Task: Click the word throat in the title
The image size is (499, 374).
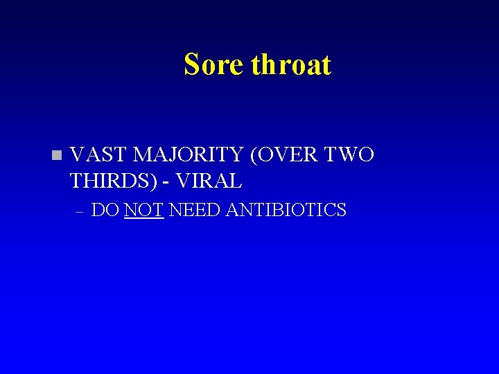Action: tap(291, 64)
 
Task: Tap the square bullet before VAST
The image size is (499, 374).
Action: tap(56, 154)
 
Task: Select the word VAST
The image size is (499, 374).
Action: tap(96, 154)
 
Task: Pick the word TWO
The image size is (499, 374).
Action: tap(351, 154)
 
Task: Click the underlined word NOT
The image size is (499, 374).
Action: tap(144, 210)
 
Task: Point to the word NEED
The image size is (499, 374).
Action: tap(194, 210)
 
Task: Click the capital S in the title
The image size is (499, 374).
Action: tap(191, 64)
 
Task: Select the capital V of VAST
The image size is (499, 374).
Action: tap(78, 154)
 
